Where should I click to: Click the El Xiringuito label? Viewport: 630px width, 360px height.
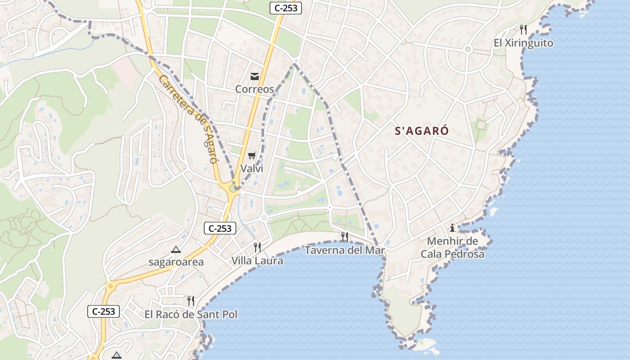coord(523,43)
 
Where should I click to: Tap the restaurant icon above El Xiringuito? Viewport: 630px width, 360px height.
coord(523,30)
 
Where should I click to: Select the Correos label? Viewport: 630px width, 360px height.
coord(255,89)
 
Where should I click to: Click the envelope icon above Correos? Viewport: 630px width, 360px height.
coord(255,76)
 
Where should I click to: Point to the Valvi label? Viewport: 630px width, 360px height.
coord(252,169)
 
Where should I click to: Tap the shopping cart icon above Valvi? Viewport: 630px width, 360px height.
coord(252,156)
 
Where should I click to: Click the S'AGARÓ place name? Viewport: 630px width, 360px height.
coord(422,131)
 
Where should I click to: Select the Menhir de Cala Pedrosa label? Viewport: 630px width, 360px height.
coord(452,247)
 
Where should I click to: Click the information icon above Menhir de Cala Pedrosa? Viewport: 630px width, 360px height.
coord(452,228)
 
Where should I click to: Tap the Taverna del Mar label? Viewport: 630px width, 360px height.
coord(345,250)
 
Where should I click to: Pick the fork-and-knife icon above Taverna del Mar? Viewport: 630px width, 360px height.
coord(345,237)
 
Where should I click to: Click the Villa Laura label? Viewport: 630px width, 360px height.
coord(257,261)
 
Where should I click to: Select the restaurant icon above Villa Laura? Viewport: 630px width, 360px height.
coord(257,247)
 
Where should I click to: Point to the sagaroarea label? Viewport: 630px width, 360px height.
coord(176,262)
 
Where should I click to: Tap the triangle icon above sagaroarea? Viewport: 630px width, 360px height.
coord(176,249)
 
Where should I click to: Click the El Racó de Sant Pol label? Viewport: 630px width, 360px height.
coord(191,315)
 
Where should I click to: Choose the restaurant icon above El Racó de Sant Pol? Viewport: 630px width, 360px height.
coord(191,301)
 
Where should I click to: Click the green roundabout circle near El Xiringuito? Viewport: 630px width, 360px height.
coord(468,49)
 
